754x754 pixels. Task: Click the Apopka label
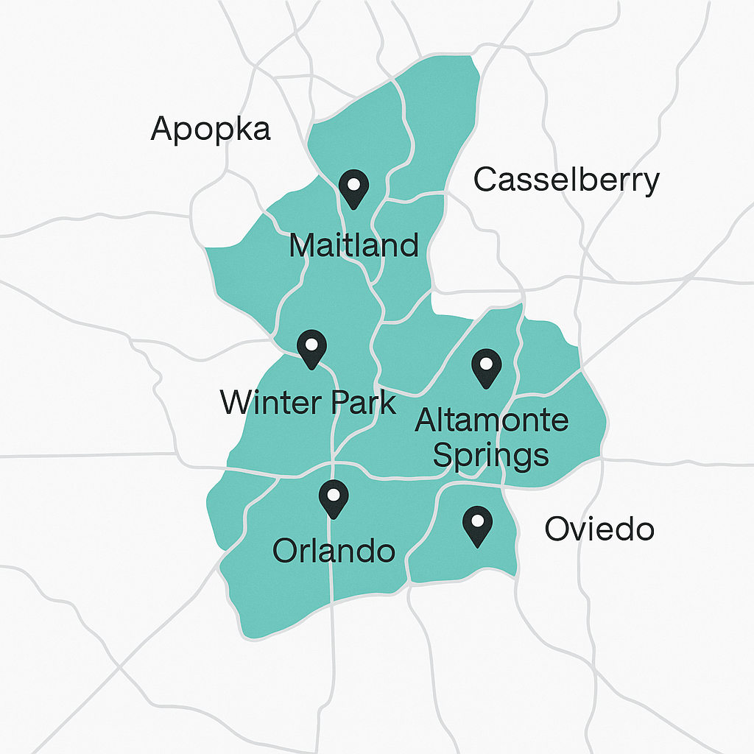coord(211,129)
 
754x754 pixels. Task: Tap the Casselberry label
coord(565,180)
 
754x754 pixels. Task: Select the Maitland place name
coord(353,244)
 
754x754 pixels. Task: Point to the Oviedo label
coord(599,529)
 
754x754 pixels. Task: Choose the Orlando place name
coord(334,550)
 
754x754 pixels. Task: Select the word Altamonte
coord(491,420)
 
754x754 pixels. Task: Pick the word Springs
coord(490,456)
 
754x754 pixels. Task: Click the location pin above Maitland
coord(353,188)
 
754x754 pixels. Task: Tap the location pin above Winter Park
coord(311,349)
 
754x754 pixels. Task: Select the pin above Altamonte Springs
coord(486,368)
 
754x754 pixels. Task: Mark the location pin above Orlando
coord(334,498)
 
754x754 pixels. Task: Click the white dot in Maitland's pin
coord(353,183)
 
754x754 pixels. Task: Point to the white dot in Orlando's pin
coord(334,493)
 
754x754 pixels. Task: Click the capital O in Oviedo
coord(557,529)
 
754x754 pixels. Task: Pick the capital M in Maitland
coord(304,244)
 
